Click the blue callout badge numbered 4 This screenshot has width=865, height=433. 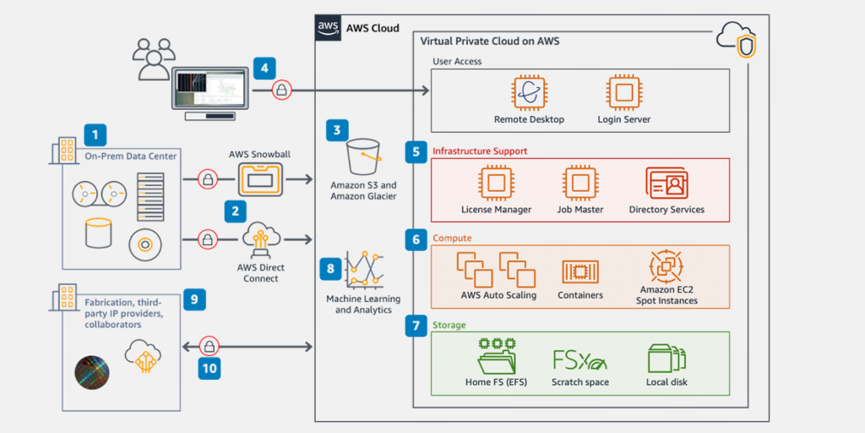pyautogui.click(x=264, y=67)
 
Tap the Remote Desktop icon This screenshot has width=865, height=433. pyautogui.click(x=529, y=93)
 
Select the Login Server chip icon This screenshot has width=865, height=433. pyautogui.click(x=623, y=93)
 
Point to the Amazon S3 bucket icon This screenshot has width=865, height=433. pyautogui.click(x=363, y=154)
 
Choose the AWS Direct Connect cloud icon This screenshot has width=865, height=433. pyautogui.click(x=259, y=240)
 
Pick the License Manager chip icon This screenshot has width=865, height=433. pyautogui.click(x=496, y=184)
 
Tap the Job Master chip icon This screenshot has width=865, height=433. pyautogui.click(x=579, y=184)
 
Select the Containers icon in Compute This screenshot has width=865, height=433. pyautogui.click(x=580, y=271)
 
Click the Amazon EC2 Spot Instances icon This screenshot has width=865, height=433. pyautogui.click(x=667, y=267)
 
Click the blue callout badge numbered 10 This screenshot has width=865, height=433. pyautogui.click(x=209, y=368)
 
